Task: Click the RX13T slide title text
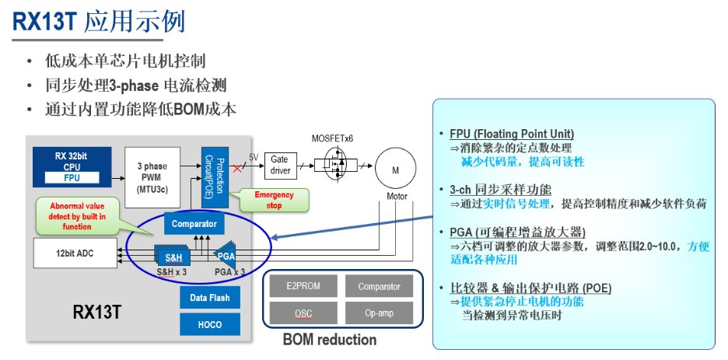(98, 21)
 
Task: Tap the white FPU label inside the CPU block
(72, 177)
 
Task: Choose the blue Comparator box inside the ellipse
(194, 224)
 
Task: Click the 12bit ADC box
(75, 253)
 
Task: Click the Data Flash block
(210, 297)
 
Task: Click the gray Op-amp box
(380, 314)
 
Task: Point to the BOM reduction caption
(329, 340)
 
